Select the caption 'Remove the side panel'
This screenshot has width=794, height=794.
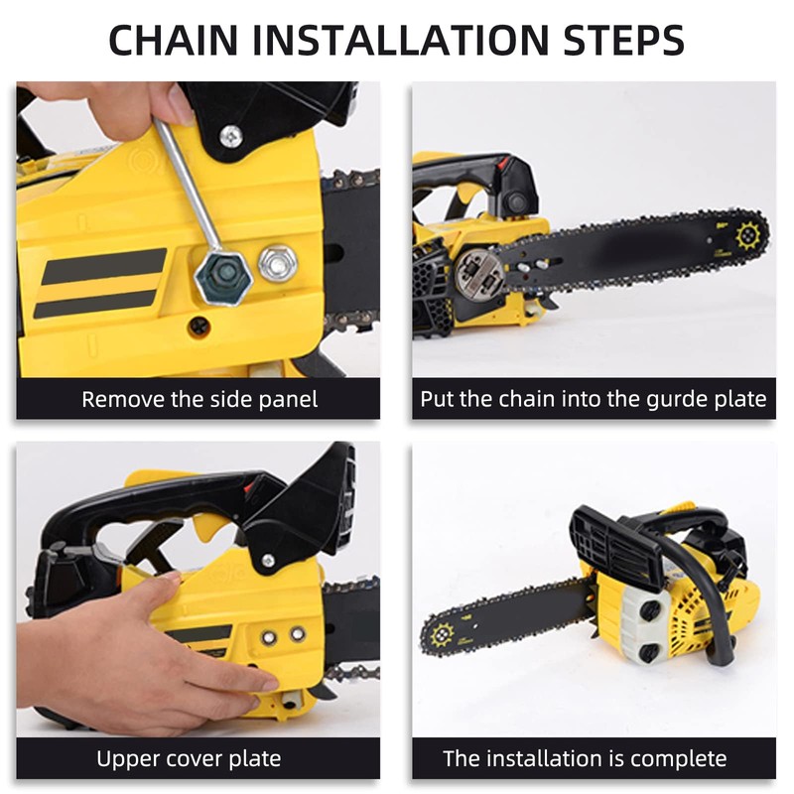(x=199, y=399)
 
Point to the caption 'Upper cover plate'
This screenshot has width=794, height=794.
(x=189, y=759)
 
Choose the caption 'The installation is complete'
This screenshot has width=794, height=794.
(x=585, y=759)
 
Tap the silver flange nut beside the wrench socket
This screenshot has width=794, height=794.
(x=278, y=263)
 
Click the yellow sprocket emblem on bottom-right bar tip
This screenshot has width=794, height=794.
(x=440, y=631)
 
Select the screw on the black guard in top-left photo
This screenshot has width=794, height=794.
(x=231, y=133)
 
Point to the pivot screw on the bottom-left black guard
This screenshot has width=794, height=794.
(x=267, y=561)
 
